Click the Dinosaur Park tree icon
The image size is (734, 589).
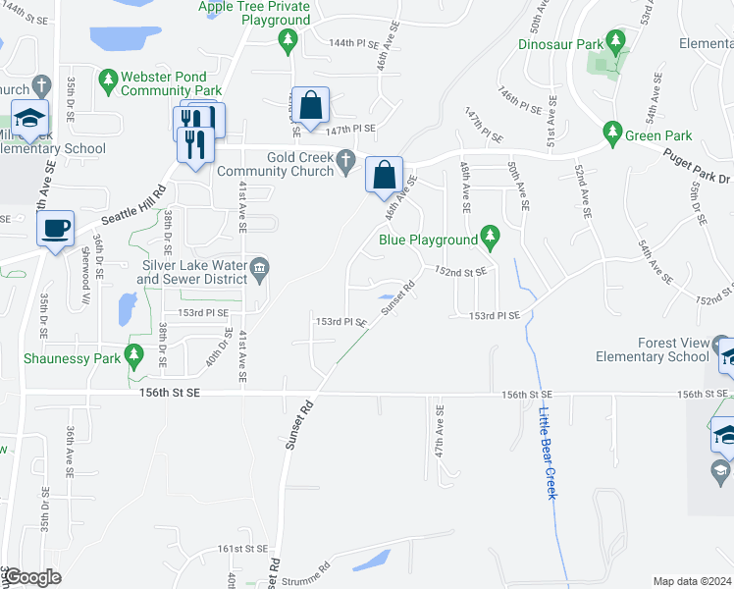coord(616,41)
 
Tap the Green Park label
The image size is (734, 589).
coord(660,135)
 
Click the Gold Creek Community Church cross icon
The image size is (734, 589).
coord(345,158)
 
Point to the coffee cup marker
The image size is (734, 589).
coord(56,229)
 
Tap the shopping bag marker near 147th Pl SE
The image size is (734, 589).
coord(310,106)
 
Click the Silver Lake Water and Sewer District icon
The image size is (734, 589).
coord(259,266)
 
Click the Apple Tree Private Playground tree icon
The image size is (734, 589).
coord(288,39)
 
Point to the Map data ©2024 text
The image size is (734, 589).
coord(692,581)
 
